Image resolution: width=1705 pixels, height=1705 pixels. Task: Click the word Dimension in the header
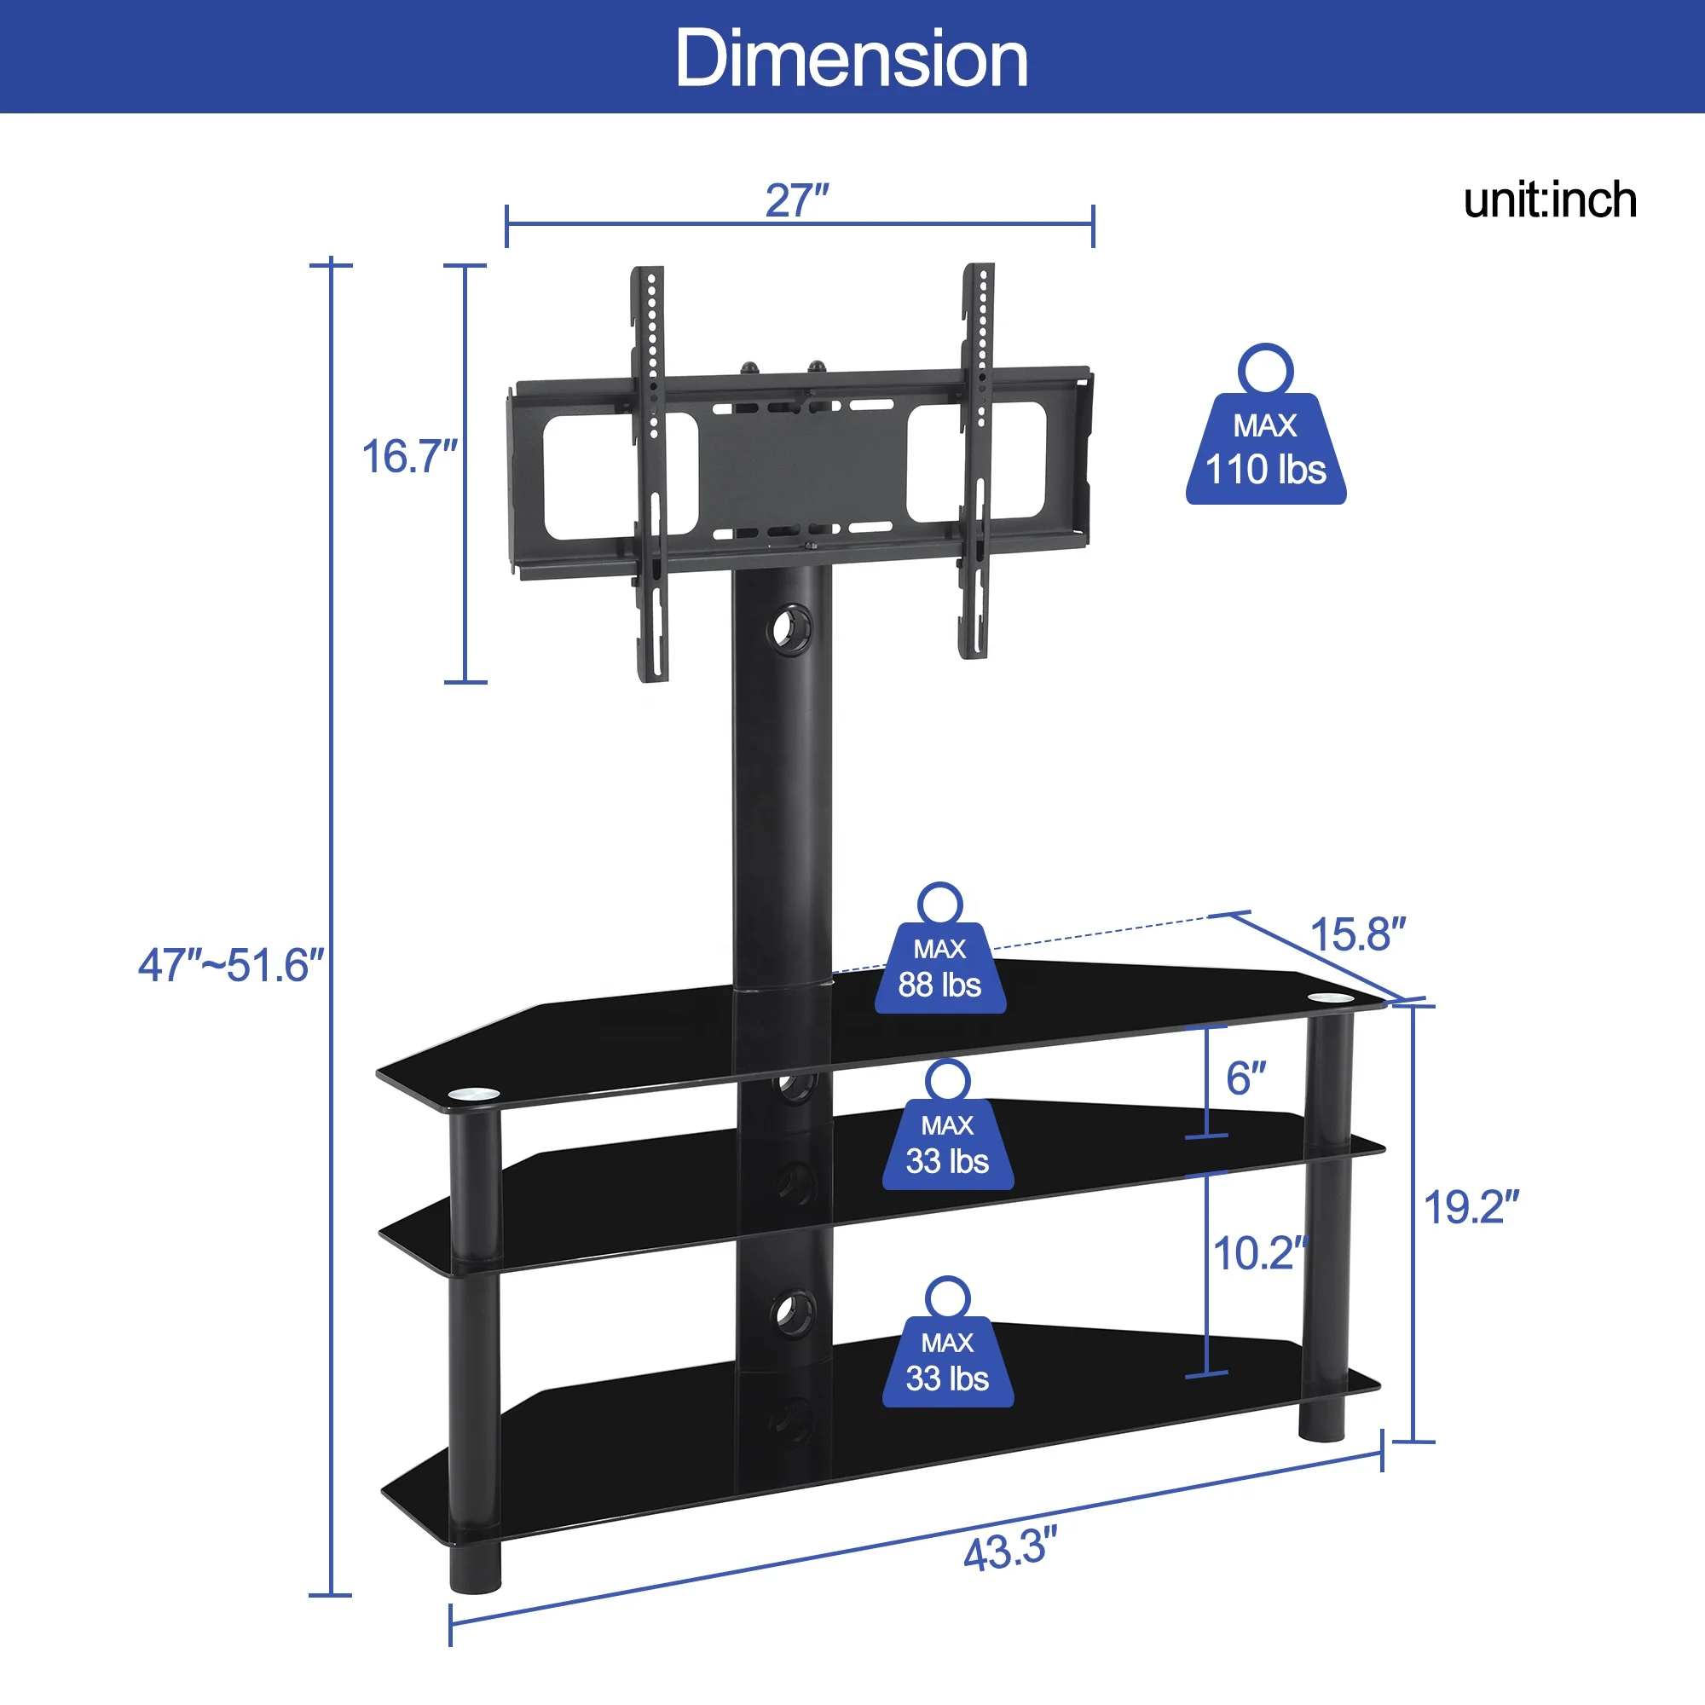852,58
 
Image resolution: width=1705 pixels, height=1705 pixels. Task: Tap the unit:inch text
1550,200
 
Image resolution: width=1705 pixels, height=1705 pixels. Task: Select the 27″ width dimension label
797,201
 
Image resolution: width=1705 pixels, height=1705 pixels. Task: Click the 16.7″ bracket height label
410,457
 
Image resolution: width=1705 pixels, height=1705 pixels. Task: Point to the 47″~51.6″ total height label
231,966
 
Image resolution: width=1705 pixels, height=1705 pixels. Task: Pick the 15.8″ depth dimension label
1357,933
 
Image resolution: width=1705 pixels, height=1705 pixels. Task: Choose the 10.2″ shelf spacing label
1260,1253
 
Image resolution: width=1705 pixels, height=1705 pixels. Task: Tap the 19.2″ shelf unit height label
1471,1207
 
